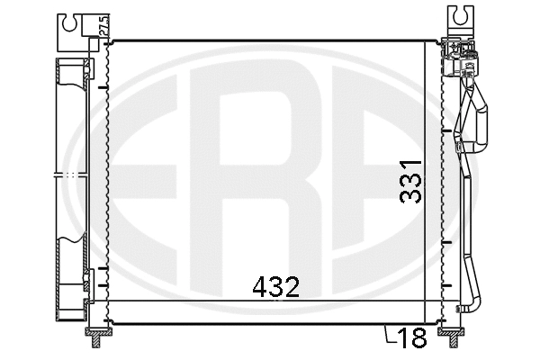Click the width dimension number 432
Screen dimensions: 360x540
click(x=274, y=287)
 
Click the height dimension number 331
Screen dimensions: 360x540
click(x=410, y=183)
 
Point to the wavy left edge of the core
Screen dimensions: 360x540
click(x=107, y=180)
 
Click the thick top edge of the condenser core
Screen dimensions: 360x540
click(x=270, y=40)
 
